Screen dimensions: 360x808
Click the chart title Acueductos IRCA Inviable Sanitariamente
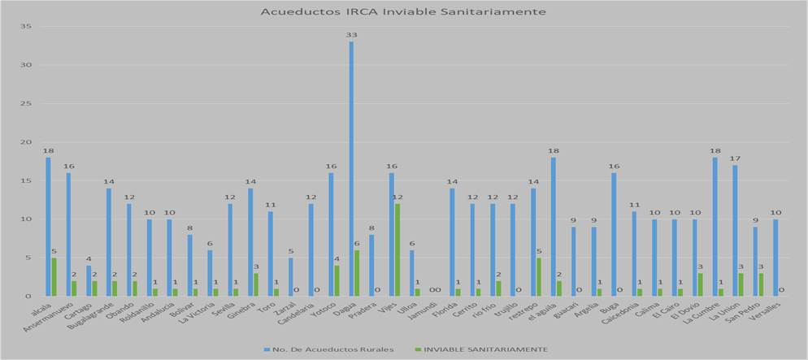[x=403, y=12]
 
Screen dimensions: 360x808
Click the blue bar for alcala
[x=48, y=227]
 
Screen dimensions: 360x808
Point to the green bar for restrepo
[x=539, y=277]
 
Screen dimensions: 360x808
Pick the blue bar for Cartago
[x=89, y=280]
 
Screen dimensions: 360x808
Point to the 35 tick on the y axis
[x=26, y=27]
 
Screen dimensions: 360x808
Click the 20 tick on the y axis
[x=26, y=142]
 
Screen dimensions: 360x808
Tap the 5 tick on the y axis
[x=28, y=258]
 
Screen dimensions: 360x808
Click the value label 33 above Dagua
[x=351, y=36]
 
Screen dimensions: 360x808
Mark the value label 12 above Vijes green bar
[x=398, y=197]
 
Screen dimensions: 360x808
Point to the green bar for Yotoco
[x=337, y=280]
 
